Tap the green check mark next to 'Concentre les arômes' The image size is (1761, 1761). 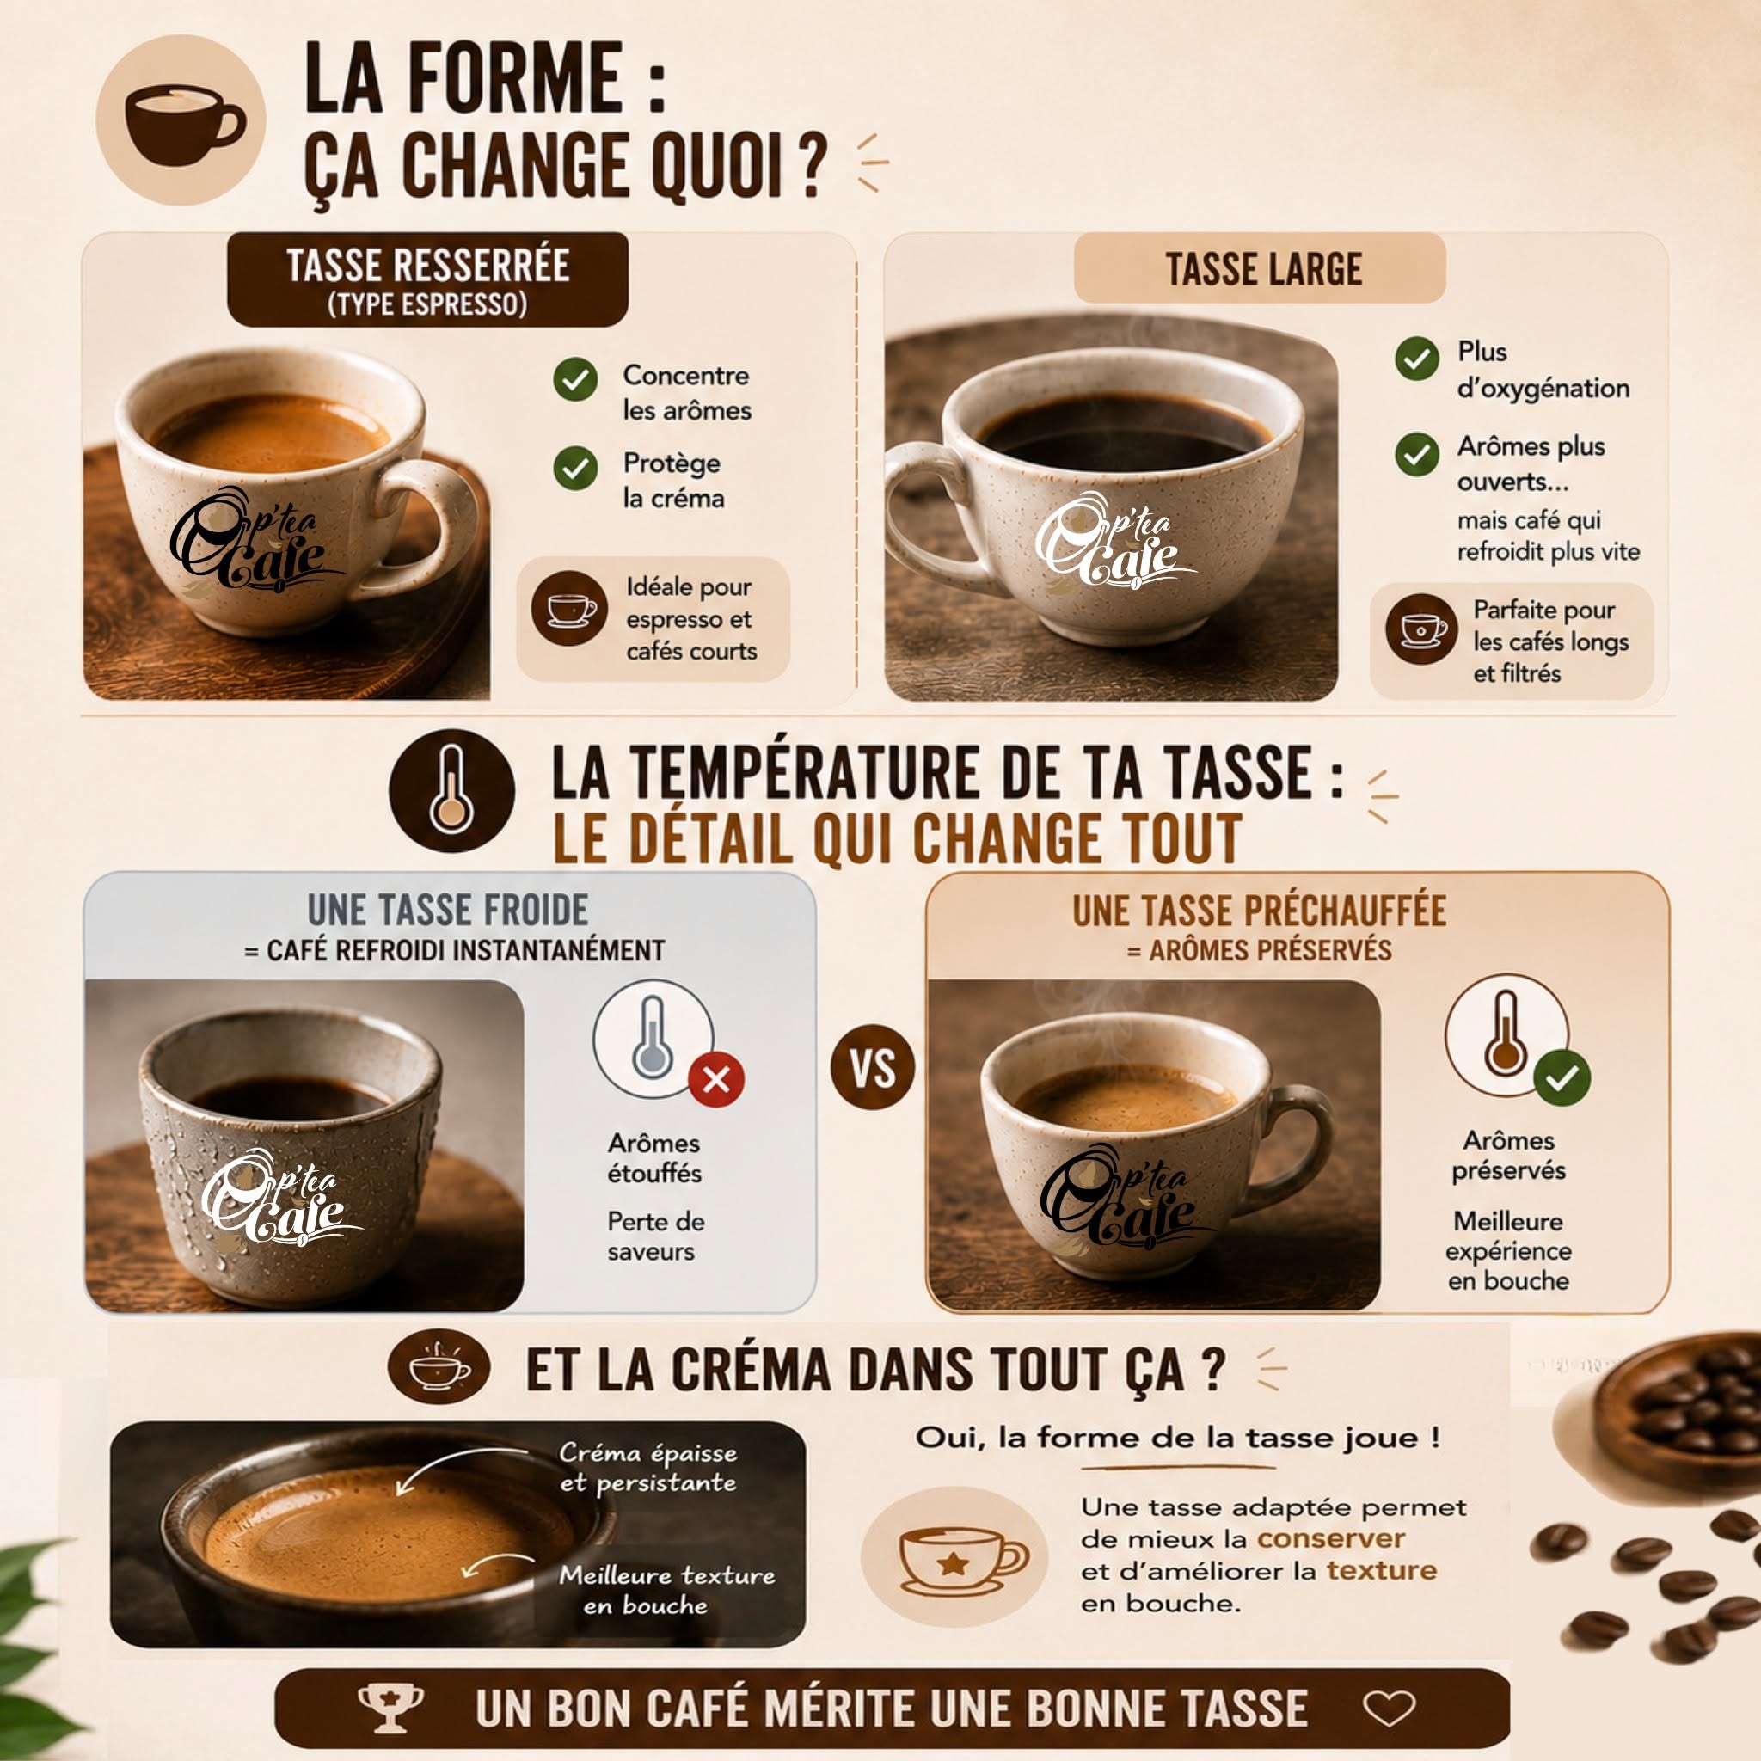click(x=575, y=379)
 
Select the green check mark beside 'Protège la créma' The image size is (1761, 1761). click(x=575, y=468)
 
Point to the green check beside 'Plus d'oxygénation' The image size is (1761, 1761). click(x=1416, y=359)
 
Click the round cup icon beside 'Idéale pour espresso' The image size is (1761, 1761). click(x=570, y=609)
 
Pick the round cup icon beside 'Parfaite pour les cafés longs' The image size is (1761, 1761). click(x=1422, y=629)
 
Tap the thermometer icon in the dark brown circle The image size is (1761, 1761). click(x=451, y=789)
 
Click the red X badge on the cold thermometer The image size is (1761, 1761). click(x=716, y=1080)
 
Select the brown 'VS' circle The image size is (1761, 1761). click(x=872, y=1067)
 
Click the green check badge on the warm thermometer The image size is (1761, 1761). click(x=1562, y=1078)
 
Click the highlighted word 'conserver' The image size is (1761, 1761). click(x=1331, y=1538)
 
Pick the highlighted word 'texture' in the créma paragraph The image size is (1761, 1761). click(x=1381, y=1570)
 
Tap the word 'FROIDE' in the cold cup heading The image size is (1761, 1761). click(x=536, y=910)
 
